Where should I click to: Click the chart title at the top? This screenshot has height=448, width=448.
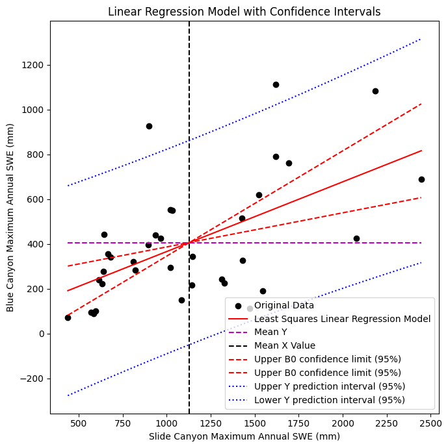tap(244, 12)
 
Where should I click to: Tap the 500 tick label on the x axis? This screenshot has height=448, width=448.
tap(79, 422)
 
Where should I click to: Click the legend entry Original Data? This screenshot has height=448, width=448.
tap(283, 305)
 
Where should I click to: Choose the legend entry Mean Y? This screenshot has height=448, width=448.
tap(272, 332)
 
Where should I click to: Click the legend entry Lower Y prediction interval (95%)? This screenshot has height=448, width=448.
tap(329, 400)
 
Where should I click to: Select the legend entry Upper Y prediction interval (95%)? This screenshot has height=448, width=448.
tap(329, 386)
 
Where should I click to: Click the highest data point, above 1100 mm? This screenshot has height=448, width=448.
tap(276, 84)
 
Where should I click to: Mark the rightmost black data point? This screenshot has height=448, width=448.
tap(421, 179)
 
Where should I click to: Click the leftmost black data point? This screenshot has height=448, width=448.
tap(68, 317)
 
